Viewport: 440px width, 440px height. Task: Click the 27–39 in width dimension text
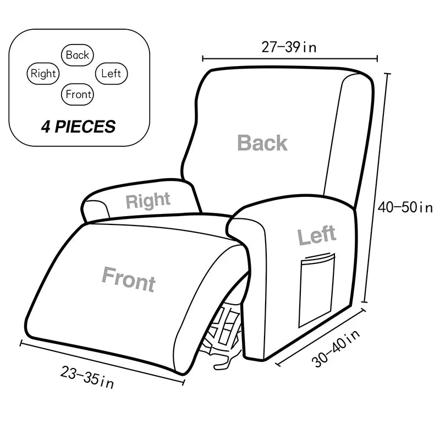289,47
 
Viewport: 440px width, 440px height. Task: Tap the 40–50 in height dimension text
405,208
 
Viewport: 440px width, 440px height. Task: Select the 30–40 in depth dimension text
335,349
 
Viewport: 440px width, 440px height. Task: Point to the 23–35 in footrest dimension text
87,377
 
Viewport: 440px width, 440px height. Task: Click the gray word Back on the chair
262,142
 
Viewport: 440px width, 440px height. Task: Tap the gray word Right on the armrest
148,201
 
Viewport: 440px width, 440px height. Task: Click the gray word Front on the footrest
129,279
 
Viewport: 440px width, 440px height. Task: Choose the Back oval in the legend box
77,55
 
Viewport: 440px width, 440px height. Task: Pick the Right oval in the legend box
43,74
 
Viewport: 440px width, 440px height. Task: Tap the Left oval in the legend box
112,74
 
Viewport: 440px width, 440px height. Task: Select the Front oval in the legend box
77,94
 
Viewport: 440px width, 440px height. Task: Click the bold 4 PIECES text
78,127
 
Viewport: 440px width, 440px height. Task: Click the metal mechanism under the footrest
223,334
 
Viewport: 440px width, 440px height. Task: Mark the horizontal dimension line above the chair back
290,59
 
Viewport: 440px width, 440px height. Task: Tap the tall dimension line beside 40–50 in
376,188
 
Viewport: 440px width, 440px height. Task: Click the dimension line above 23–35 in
102,362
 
